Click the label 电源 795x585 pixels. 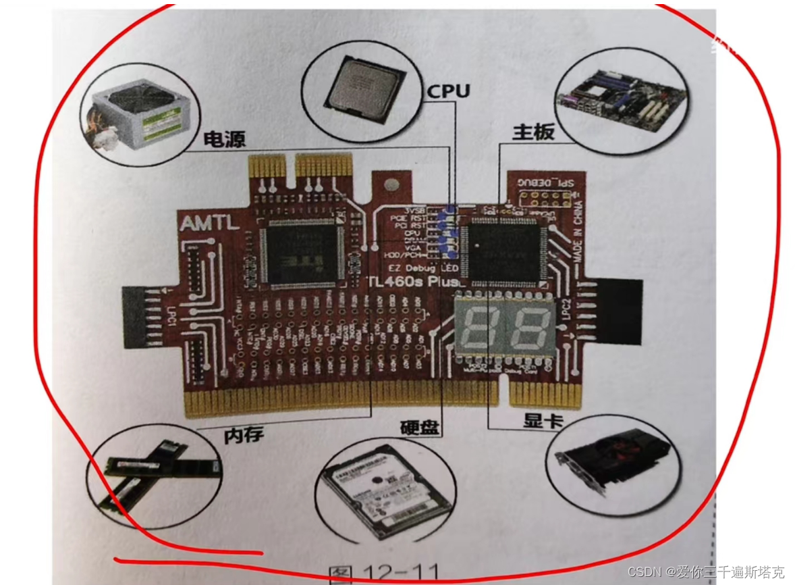coord(225,139)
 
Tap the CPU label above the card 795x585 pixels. coord(447,91)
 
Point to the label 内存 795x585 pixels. coord(244,436)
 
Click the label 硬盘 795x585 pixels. coord(420,427)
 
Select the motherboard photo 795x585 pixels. coord(620,99)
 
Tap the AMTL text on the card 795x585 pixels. coord(209,223)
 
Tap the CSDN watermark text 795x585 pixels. coord(705,572)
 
